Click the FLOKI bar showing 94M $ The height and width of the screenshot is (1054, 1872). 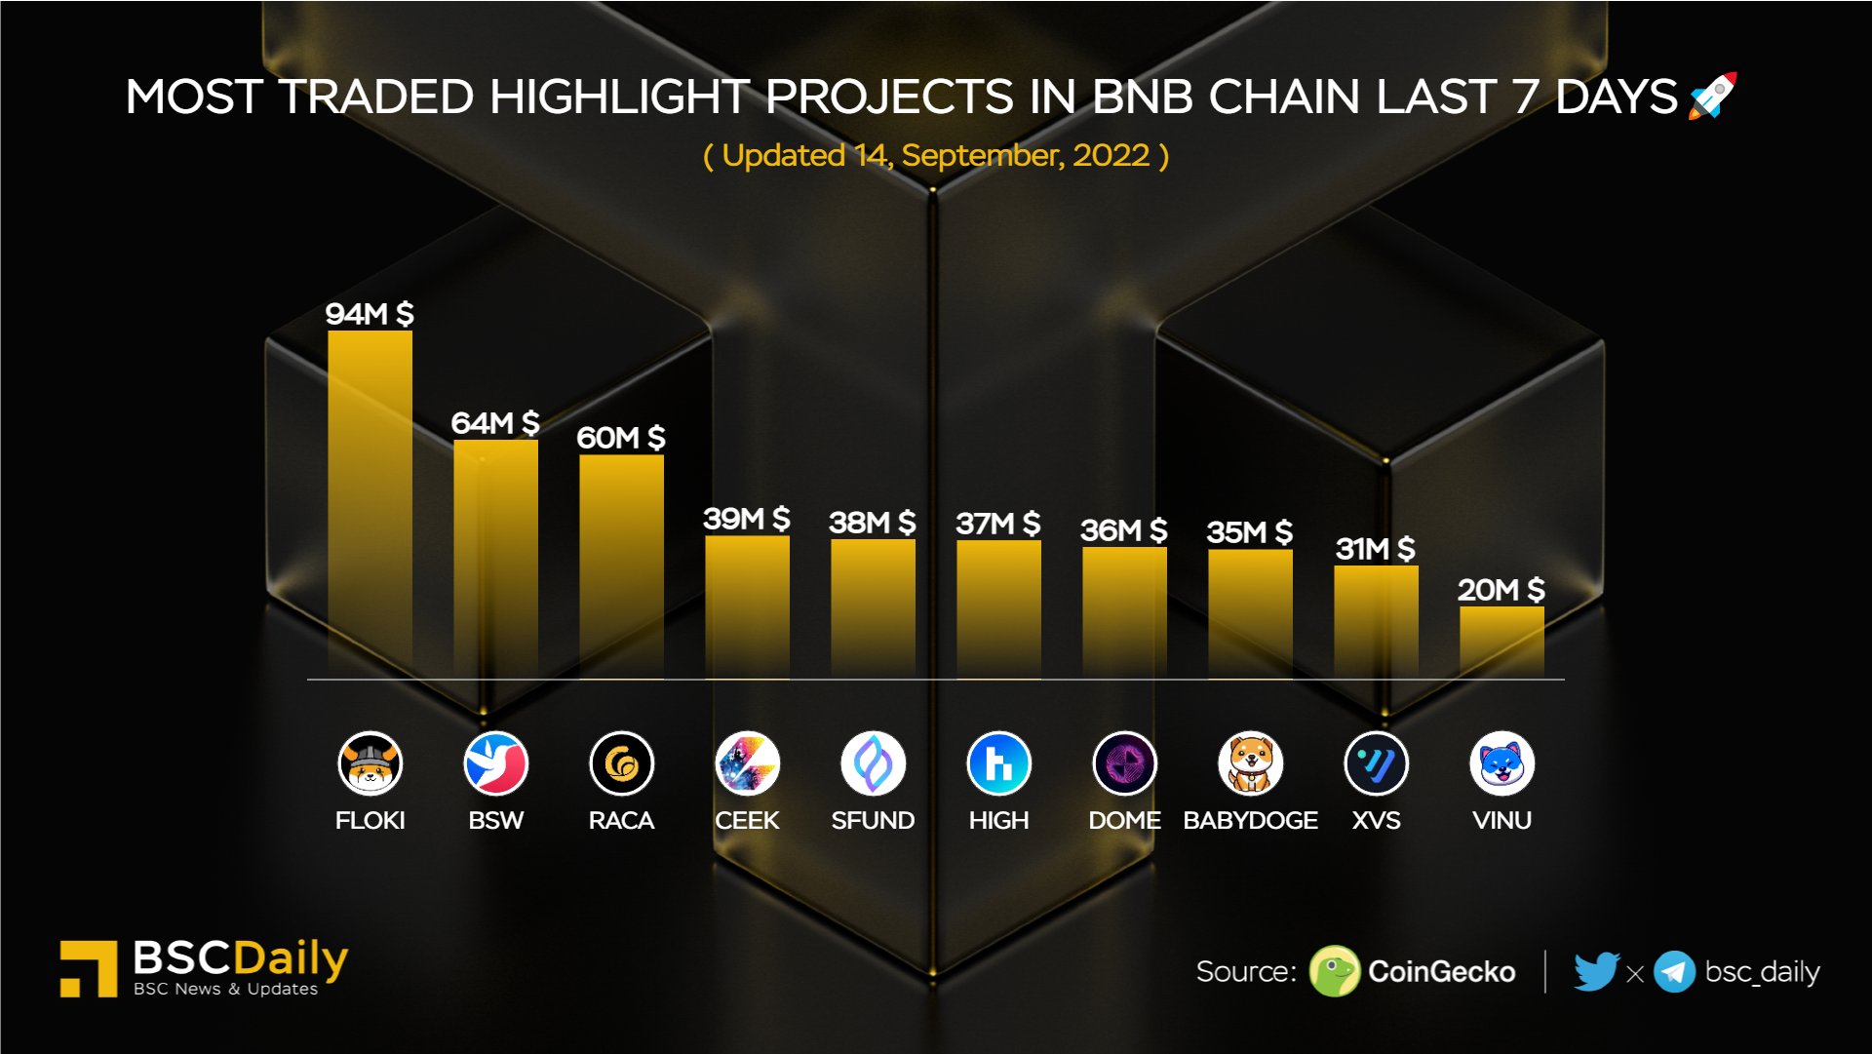[370, 502]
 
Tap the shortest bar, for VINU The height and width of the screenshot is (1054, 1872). [1501, 642]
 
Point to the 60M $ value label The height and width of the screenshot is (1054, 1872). [620, 438]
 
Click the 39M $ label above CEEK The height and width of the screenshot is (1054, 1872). [746, 519]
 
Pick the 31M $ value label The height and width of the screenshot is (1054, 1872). [1375, 549]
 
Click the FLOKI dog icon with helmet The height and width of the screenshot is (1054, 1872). [370, 763]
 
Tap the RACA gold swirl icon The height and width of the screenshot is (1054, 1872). [621, 763]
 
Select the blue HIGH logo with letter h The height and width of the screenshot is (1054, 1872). [998, 763]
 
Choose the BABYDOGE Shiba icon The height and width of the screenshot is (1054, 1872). [1250, 763]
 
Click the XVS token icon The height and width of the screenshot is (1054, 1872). [1376, 763]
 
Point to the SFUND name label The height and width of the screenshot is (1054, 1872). [873, 821]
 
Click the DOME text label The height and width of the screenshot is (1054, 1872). [1124, 821]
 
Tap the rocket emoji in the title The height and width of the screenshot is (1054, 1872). [1713, 96]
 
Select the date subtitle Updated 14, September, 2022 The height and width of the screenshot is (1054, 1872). [936, 156]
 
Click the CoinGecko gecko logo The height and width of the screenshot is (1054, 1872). [1334, 971]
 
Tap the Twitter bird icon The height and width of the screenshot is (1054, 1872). [1596, 971]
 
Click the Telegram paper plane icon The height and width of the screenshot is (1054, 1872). [1674, 972]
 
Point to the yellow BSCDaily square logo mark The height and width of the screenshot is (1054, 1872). [89, 968]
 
